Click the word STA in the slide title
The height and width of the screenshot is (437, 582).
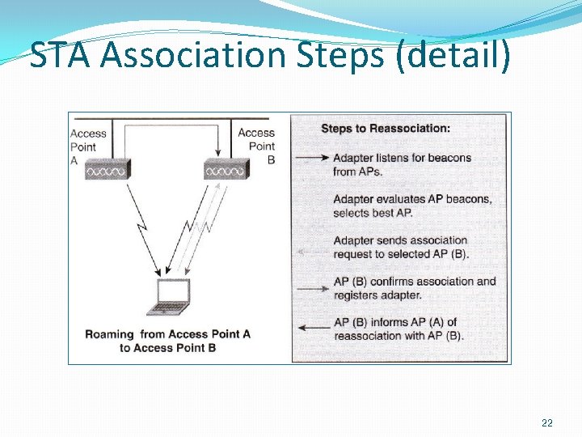coord(61,57)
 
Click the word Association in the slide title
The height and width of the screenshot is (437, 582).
coord(195,57)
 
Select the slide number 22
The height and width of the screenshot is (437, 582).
coord(547,422)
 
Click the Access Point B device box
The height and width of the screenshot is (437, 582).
coord(226,171)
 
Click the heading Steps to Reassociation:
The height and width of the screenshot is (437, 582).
coord(386,128)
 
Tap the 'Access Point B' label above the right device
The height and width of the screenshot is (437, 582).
coord(257,146)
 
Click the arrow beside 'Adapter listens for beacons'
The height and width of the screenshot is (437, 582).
coord(314,157)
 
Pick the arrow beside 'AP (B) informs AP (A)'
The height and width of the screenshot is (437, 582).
coord(314,327)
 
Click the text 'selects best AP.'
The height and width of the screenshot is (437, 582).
coord(373,213)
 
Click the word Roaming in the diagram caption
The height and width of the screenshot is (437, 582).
coord(109,333)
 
